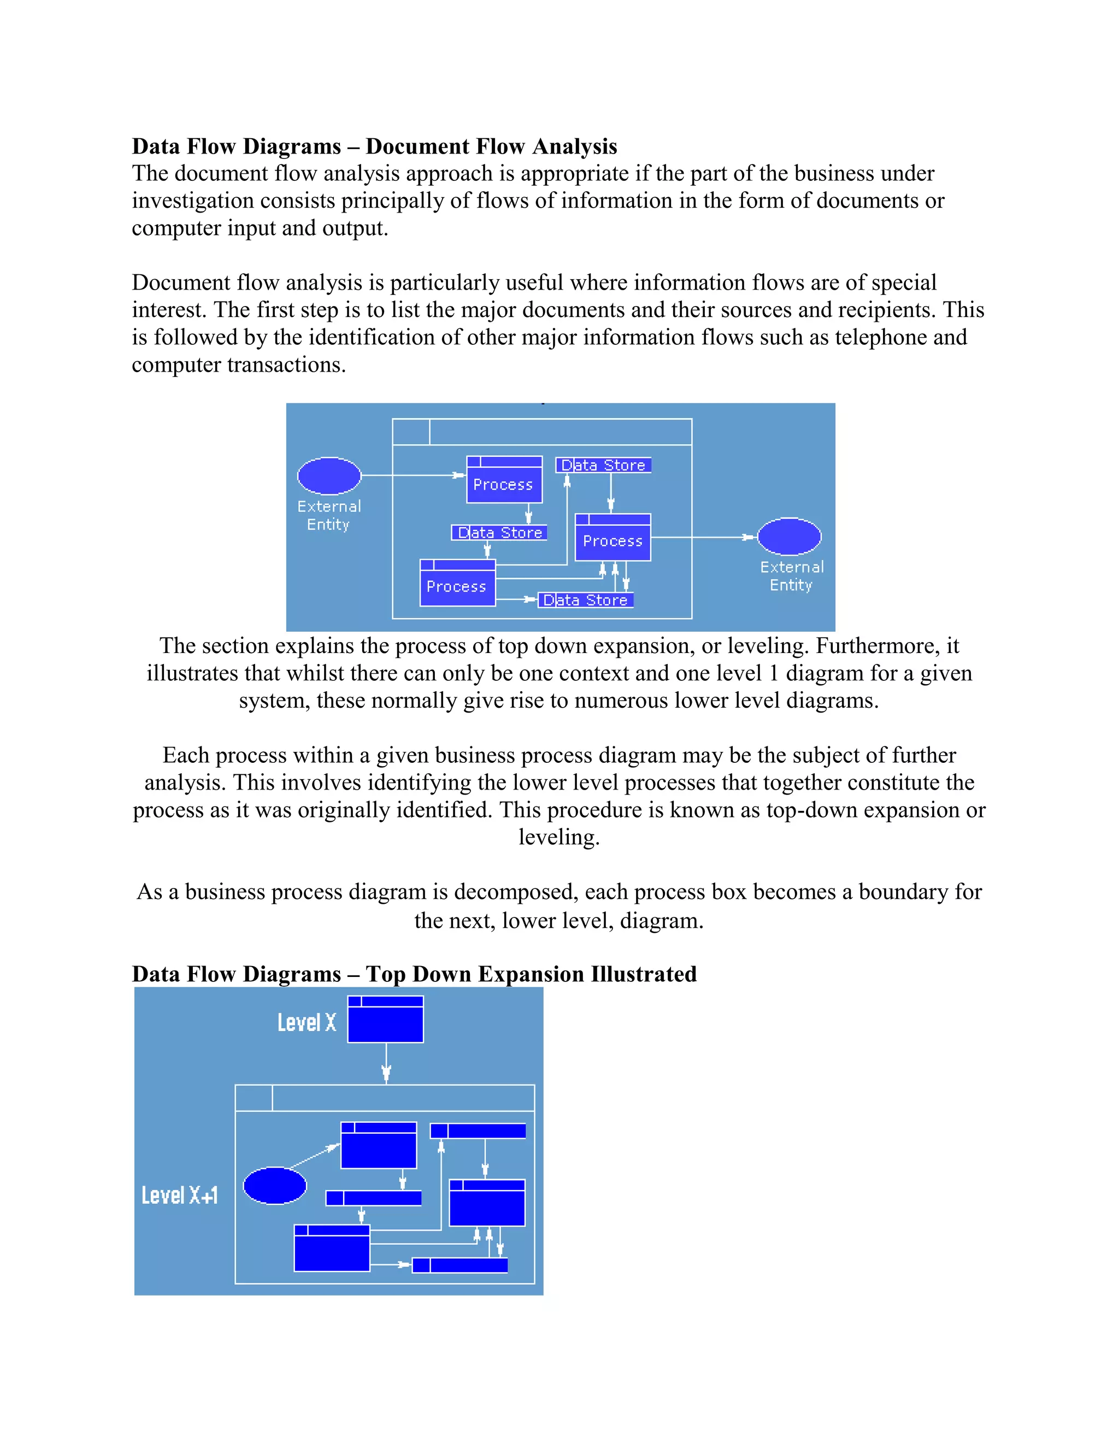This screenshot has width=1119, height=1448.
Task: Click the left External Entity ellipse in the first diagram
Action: click(x=329, y=475)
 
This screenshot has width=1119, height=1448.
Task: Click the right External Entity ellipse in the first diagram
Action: click(x=789, y=537)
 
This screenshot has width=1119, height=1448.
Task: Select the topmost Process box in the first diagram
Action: click(x=504, y=480)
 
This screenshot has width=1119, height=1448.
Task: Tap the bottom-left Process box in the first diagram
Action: click(x=457, y=583)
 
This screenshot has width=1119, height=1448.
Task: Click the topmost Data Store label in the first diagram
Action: click(x=603, y=466)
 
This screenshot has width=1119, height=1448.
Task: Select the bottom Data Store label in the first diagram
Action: click(x=585, y=600)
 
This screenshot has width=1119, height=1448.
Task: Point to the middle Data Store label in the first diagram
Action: click(x=500, y=532)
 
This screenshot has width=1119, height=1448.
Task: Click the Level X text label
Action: click(x=307, y=1022)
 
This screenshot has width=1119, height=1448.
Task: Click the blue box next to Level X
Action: click(x=385, y=1019)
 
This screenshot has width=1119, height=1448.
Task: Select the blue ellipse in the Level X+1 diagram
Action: click(x=274, y=1186)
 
